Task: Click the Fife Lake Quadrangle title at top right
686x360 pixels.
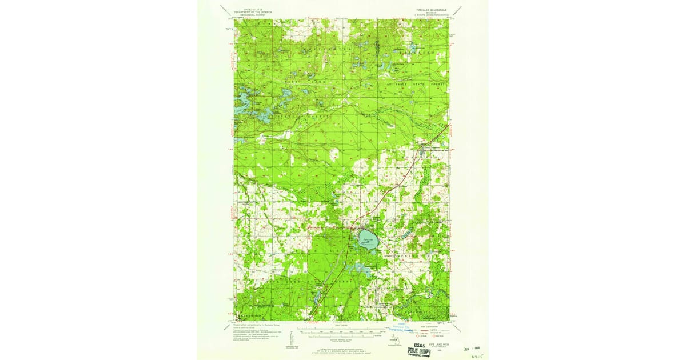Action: point(428,10)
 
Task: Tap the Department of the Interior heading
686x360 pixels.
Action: point(254,13)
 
